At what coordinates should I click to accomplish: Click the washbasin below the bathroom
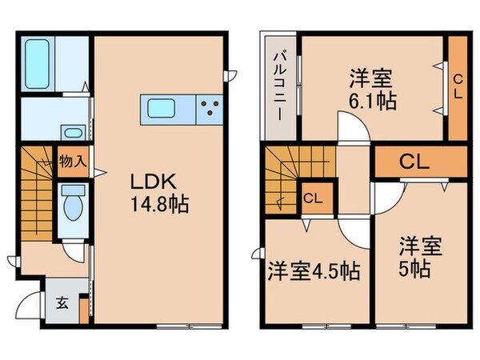point(72,133)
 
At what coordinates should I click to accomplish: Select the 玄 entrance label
point(62,302)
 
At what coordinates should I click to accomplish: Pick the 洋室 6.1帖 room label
point(372,90)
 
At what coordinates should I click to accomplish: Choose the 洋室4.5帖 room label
point(313,271)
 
